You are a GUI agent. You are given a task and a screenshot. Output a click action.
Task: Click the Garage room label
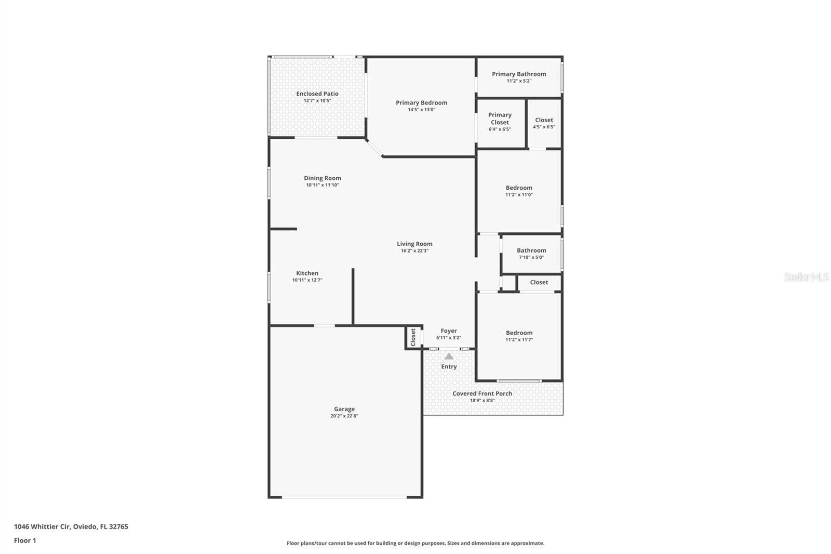[x=344, y=409]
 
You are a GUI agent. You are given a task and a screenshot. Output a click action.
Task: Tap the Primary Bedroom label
[x=421, y=102]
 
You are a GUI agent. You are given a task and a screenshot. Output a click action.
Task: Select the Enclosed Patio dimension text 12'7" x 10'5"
[x=317, y=101]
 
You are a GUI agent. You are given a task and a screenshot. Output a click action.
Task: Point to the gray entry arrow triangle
[x=449, y=357]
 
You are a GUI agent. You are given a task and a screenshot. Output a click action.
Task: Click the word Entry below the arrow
[x=449, y=366]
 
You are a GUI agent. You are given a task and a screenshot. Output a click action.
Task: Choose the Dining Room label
[x=323, y=178]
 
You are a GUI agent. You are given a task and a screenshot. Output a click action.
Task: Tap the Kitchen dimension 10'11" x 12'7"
[x=307, y=280]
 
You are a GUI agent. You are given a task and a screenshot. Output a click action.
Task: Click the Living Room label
[x=414, y=244]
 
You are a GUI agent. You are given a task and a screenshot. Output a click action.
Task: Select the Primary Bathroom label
[x=519, y=74]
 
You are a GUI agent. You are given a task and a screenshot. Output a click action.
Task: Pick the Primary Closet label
[x=500, y=118]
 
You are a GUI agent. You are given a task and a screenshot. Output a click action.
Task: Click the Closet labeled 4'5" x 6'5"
[x=544, y=120]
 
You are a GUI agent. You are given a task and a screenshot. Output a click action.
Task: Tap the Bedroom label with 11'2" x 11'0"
[x=519, y=188]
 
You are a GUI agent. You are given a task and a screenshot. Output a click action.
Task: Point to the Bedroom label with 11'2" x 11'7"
[x=519, y=333]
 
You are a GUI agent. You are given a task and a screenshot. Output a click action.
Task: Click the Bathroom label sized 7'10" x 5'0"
[x=531, y=250]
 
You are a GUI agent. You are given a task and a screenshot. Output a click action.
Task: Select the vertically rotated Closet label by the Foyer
[x=413, y=337]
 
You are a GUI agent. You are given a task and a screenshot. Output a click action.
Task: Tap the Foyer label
[x=449, y=331]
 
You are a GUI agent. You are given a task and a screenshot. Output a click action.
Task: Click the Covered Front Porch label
[x=482, y=393]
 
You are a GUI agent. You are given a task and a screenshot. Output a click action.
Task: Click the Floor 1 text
[x=25, y=540]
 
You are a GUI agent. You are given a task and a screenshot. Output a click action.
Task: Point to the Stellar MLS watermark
[x=806, y=277]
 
